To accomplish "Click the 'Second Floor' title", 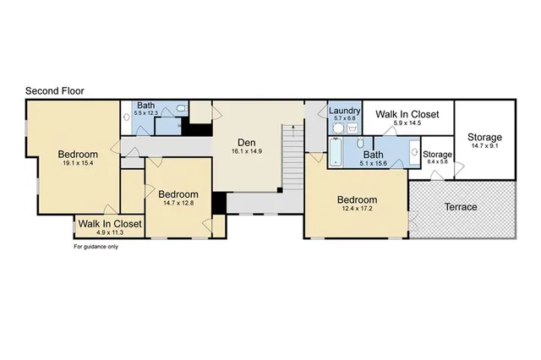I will point(54,90).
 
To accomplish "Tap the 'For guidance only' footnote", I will point(96,247).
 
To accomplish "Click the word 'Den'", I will point(247,142).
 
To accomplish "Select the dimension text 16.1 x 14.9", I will point(247,151).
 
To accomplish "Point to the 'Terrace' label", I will point(461,207).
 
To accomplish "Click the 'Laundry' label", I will point(344,110).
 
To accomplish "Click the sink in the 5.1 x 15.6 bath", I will point(414,153).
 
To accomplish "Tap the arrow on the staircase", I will point(292,131).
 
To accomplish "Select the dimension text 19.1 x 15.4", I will point(78,165).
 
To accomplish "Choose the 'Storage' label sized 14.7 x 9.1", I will point(484,137).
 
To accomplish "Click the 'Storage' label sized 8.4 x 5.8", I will point(437,155).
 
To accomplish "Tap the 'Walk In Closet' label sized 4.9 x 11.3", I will point(109,224).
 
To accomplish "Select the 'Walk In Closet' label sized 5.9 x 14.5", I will point(407,113).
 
